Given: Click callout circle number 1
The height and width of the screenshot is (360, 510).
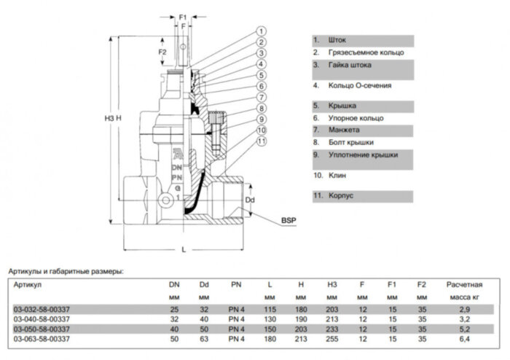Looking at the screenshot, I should pos(259,31).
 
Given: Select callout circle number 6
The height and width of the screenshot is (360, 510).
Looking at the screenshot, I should pos(259,86).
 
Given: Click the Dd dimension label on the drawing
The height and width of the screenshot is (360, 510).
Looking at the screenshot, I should pos(249,199).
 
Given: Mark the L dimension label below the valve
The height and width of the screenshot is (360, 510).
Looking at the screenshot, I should pos(184,249).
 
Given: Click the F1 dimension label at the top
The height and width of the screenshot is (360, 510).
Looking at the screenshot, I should pos(184,16).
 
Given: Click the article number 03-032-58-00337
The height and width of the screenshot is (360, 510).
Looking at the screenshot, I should pos(42,309).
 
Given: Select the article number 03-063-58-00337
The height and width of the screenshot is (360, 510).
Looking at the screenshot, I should pos(42,340).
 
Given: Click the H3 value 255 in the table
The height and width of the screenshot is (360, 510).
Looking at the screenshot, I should pos(331,340).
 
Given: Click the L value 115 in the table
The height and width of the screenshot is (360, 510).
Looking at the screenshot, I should pos(270,309).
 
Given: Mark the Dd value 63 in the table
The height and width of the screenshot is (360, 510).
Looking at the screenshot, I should pos(204,340).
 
